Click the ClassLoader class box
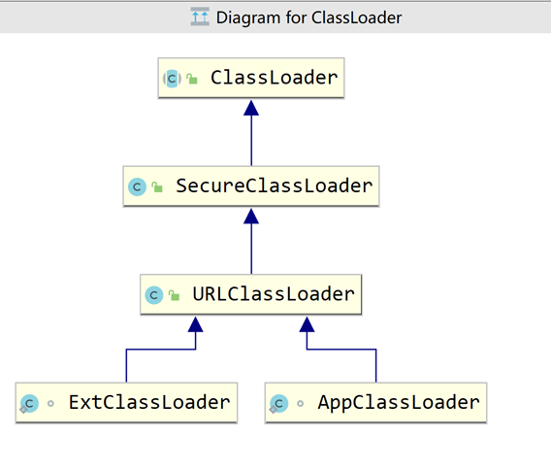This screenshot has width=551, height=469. [x=251, y=78]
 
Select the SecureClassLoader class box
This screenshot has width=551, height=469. [x=251, y=185]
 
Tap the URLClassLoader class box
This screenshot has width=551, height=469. [x=251, y=293]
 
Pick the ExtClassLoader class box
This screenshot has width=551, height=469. [x=126, y=402]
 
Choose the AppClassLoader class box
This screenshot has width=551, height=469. [x=376, y=402]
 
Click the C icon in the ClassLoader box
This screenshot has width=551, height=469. [x=172, y=79]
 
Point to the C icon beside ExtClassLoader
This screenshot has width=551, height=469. [x=29, y=403]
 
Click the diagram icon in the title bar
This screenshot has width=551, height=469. [x=200, y=17]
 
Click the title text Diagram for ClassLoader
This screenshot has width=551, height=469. [x=309, y=17]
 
